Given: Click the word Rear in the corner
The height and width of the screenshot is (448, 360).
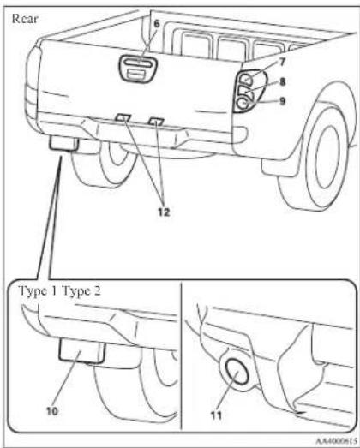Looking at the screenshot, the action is [x=25, y=19].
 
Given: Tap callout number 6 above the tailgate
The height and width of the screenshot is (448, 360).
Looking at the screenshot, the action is [x=157, y=24].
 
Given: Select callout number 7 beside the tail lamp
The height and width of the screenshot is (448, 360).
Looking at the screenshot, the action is [x=282, y=62].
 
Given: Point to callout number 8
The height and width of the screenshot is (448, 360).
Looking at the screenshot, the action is [x=282, y=82].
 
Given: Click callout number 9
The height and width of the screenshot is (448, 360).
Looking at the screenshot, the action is [x=282, y=101].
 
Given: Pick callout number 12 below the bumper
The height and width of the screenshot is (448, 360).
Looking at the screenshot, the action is [x=164, y=212].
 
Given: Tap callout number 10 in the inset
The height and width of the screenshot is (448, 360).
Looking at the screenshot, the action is [x=52, y=411].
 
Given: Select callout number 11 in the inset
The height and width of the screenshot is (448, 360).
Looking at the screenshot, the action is [x=217, y=415].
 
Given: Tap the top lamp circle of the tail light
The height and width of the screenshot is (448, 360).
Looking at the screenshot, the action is [x=246, y=79].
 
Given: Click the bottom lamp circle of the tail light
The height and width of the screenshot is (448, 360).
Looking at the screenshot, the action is [x=243, y=103].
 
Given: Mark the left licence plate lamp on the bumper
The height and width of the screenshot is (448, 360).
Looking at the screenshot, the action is [x=123, y=117].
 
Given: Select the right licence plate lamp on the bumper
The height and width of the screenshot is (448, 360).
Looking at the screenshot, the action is [x=156, y=121].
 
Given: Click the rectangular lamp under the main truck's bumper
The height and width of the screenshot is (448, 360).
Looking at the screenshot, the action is [x=63, y=143].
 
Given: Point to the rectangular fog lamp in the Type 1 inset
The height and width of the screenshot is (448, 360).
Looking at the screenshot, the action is [x=82, y=350].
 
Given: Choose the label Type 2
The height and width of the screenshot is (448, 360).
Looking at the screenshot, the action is [x=81, y=291].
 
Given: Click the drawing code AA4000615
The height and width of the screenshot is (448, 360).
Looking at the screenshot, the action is [x=336, y=440].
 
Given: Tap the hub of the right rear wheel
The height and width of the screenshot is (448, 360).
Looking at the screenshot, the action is [x=327, y=158].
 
